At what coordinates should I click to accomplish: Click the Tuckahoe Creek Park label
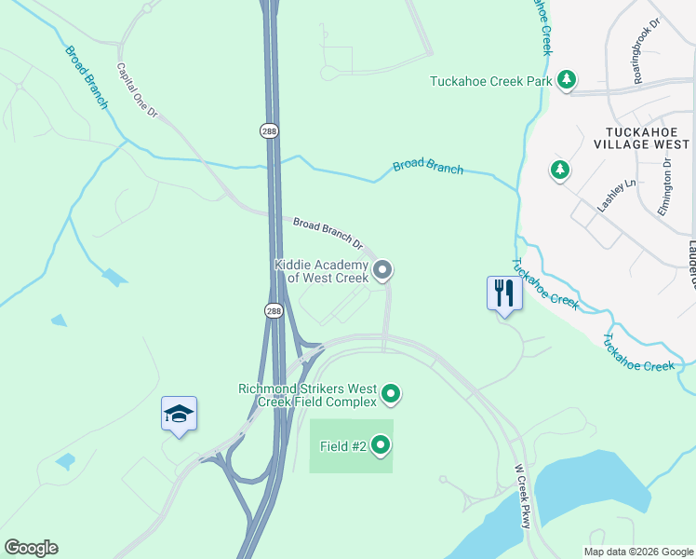pos(490,81)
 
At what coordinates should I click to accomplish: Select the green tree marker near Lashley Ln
pos(559,170)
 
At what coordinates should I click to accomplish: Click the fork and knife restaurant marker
pos(503,294)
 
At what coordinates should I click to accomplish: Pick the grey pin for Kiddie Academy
pos(382,271)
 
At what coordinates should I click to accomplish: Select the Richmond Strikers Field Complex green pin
pos(392,395)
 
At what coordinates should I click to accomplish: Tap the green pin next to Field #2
pos(381,446)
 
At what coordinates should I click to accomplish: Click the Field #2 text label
pos(342,446)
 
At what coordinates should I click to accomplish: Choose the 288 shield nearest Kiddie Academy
pos(273,311)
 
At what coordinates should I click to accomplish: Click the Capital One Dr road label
pos(137,90)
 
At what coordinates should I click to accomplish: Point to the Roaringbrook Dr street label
pos(645,60)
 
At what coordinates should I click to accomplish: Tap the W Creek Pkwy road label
pos(522,497)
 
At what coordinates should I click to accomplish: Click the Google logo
pos(31,548)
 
